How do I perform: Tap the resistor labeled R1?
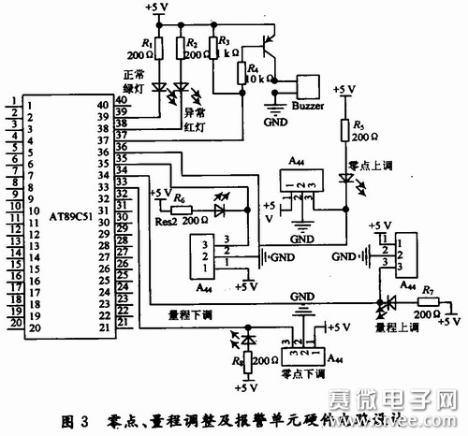click(160, 49)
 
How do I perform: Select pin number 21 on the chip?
click(121, 328)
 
